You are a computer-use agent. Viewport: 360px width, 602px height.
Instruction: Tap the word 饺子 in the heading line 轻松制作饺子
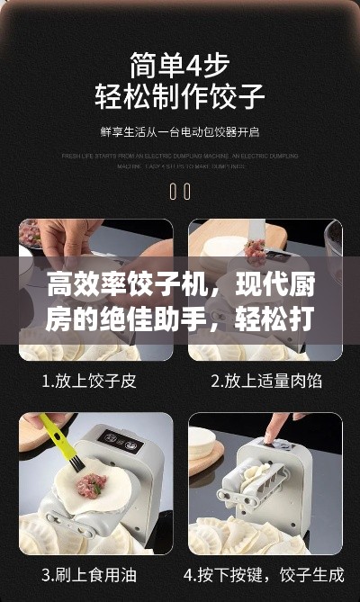tap(237, 94)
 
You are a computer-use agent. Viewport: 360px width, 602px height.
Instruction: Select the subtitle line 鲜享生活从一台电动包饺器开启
tap(179, 132)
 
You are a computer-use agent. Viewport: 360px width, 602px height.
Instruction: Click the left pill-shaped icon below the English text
tap(173, 191)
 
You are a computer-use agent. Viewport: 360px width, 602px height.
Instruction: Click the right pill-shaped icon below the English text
tap(186, 191)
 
